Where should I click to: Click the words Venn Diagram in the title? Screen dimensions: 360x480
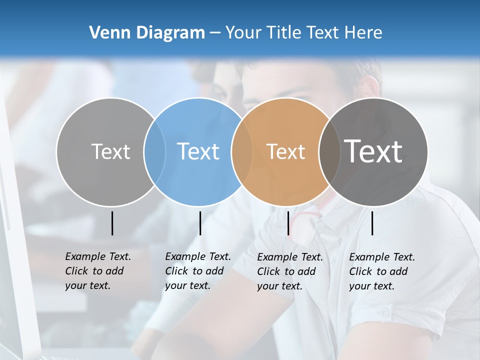point(147,33)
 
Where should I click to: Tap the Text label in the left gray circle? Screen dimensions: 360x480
point(110,151)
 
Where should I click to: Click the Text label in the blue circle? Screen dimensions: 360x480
point(198,151)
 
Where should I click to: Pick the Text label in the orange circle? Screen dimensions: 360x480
point(285,151)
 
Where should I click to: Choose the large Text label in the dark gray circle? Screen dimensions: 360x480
point(373,151)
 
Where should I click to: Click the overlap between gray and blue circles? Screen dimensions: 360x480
point(154,152)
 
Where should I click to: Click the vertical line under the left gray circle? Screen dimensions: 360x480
point(112,223)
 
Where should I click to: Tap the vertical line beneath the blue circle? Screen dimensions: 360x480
point(200,223)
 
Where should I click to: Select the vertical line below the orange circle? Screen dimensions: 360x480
point(288,223)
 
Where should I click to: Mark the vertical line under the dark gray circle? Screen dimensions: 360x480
point(372,223)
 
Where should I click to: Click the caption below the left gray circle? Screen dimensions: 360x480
point(97,271)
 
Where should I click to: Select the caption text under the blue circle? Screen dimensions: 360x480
point(197,271)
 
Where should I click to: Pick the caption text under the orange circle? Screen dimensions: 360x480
point(289,271)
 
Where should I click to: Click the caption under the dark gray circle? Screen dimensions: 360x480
point(381,271)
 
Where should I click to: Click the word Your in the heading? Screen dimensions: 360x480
point(243,33)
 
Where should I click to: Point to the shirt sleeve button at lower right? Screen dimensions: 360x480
point(384,313)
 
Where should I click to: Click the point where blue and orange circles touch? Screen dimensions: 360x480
point(241,152)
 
